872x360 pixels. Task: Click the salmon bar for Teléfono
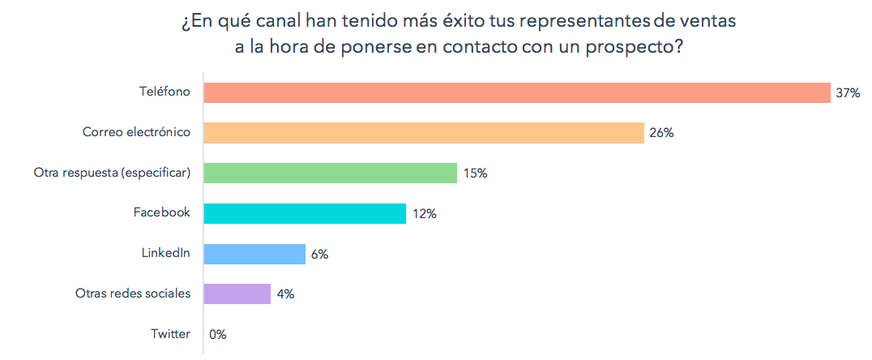point(517,92)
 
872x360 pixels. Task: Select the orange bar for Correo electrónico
point(423,133)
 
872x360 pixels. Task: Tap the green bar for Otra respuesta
point(330,173)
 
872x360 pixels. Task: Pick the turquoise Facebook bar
point(305,213)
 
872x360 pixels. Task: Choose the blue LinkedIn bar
point(254,254)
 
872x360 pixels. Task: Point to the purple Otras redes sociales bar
point(237,294)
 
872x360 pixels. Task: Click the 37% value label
point(848,93)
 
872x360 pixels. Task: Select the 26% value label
point(661,133)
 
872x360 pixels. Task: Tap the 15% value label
point(475,174)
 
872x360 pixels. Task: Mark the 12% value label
point(425,214)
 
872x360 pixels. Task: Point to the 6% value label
point(319,255)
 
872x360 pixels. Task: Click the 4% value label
point(285,294)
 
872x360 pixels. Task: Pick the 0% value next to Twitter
point(218,334)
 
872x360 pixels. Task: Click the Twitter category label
point(170,334)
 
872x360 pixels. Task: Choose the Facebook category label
point(162,212)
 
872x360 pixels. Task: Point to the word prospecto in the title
point(638,48)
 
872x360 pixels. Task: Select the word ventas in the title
point(707,22)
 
